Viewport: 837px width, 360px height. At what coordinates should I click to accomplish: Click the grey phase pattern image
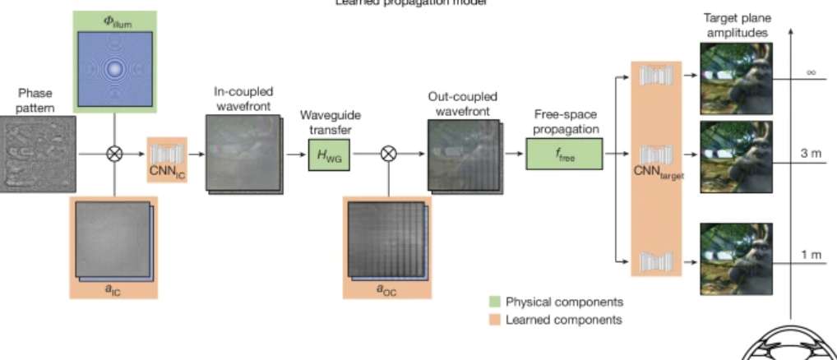[38, 154]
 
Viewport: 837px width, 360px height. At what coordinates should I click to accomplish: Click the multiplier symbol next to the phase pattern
[114, 154]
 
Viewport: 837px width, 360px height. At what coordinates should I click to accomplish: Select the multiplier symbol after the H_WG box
[386, 154]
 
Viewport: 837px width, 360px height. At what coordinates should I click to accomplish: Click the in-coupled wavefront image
[243, 153]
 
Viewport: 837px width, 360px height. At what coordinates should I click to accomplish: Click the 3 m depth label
[810, 155]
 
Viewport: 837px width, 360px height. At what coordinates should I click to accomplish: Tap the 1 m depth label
[810, 255]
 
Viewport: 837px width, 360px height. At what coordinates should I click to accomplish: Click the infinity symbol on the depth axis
[810, 72]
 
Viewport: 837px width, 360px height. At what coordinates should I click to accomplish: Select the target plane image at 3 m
[736, 156]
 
